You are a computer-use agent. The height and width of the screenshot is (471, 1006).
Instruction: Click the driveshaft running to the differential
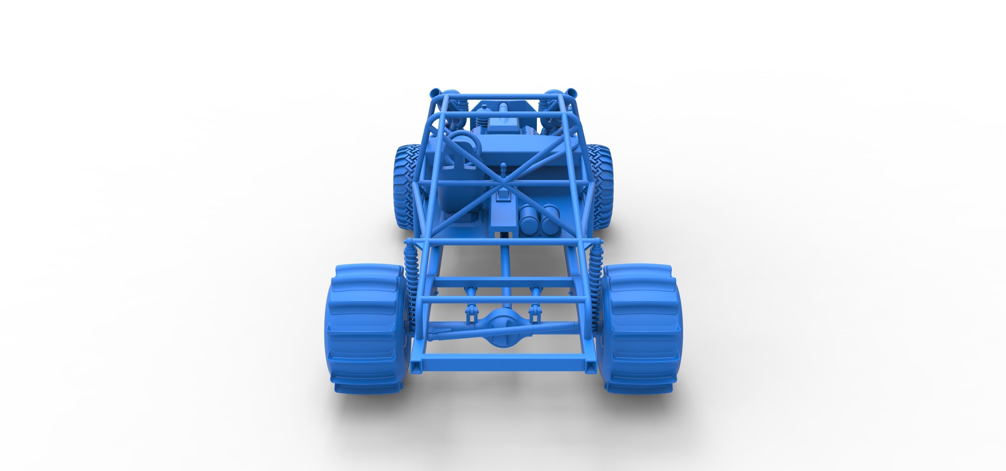(x=505, y=273)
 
